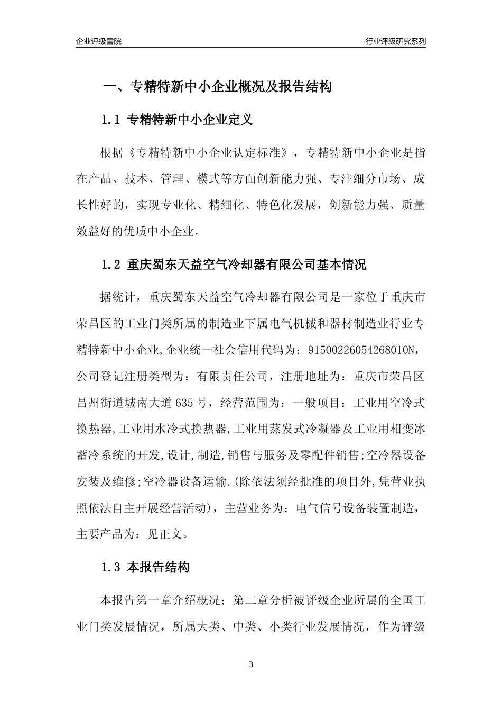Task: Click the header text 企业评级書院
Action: (99, 41)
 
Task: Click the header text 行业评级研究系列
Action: (395, 41)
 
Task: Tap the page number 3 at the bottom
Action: (251, 664)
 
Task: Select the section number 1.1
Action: (111, 120)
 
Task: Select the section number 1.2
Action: (111, 265)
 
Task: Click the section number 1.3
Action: (111, 568)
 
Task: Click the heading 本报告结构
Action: (158, 568)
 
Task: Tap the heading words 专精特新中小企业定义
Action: (190, 120)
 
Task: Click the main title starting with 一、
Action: (217, 87)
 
